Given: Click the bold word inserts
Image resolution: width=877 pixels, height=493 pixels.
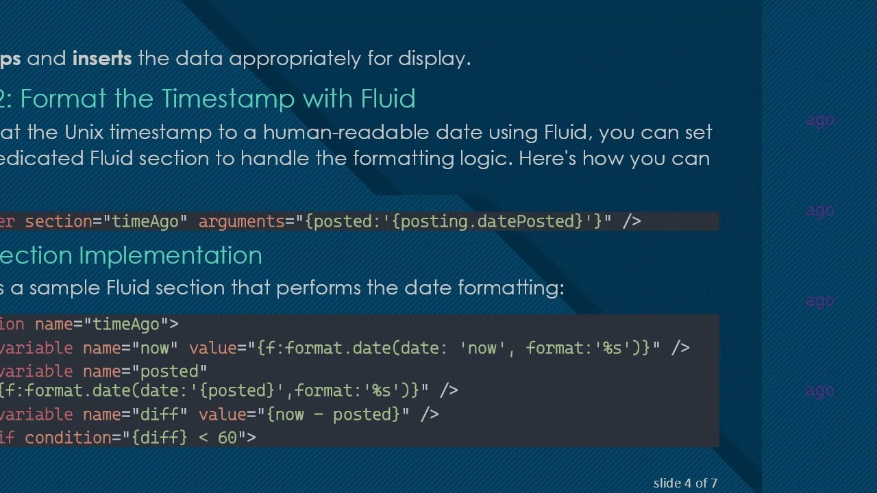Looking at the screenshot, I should [x=102, y=58].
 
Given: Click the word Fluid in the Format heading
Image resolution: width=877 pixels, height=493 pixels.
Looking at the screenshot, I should [x=388, y=99].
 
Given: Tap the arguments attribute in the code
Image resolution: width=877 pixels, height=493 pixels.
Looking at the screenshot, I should [x=240, y=221].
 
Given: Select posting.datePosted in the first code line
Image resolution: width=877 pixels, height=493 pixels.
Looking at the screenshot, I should [x=487, y=221].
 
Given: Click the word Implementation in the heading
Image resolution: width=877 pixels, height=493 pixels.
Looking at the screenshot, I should [x=171, y=255].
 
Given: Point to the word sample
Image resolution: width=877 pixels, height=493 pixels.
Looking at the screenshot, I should [x=64, y=288].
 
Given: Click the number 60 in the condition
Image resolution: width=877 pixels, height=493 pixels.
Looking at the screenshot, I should [x=227, y=438].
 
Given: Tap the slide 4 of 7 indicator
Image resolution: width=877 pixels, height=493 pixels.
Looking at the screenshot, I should [x=685, y=483].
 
